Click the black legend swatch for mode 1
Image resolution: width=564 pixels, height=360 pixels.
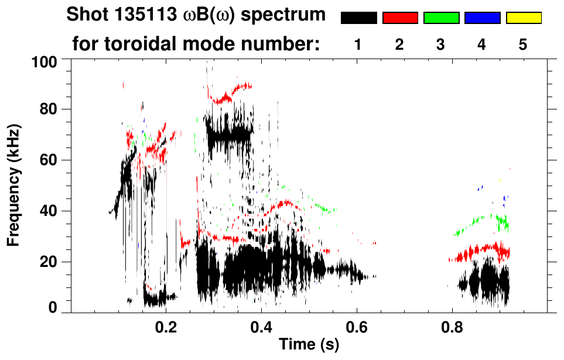tap(358, 18)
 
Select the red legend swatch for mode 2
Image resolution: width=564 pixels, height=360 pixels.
tap(400, 18)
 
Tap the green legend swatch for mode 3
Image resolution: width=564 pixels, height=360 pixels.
tap(441, 18)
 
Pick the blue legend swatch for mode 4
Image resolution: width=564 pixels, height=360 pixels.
tap(482, 18)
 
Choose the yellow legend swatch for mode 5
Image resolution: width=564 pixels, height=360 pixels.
tap(524, 18)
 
